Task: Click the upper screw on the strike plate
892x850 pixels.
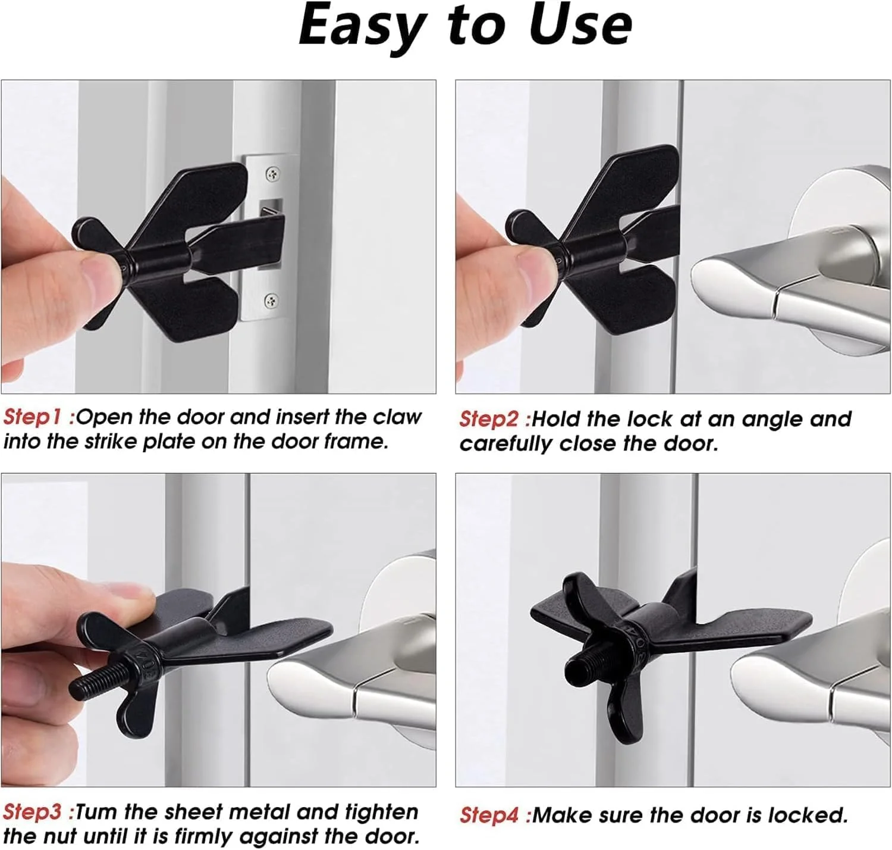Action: (x=273, y=173)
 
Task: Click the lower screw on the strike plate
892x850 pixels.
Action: (x=271, y=299)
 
